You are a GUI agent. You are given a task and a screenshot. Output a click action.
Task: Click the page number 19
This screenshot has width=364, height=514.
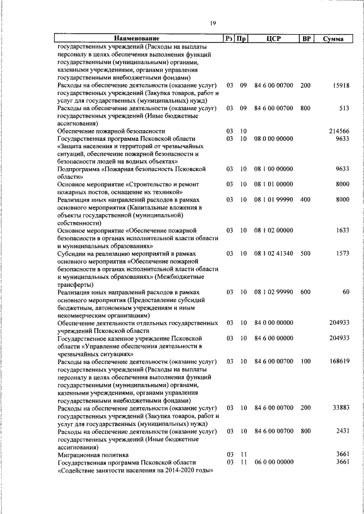pos(212,23)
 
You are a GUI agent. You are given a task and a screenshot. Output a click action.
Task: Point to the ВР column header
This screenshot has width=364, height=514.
pos(307,39)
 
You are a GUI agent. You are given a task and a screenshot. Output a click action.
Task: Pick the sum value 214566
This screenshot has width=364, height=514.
pos(338,131)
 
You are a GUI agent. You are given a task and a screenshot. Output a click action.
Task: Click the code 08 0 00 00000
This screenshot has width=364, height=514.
pos(274,139)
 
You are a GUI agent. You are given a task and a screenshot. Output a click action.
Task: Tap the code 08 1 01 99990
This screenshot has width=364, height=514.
pos(274,200)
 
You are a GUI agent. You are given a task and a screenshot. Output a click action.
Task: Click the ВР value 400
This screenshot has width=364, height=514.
pos(305,200)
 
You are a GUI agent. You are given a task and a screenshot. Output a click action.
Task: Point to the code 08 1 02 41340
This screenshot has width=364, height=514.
pos(274,254)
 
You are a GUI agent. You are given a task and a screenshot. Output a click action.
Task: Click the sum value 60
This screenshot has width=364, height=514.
pos(345,292)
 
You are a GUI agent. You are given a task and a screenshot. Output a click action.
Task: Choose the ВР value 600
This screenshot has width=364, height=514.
pos(305,292)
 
